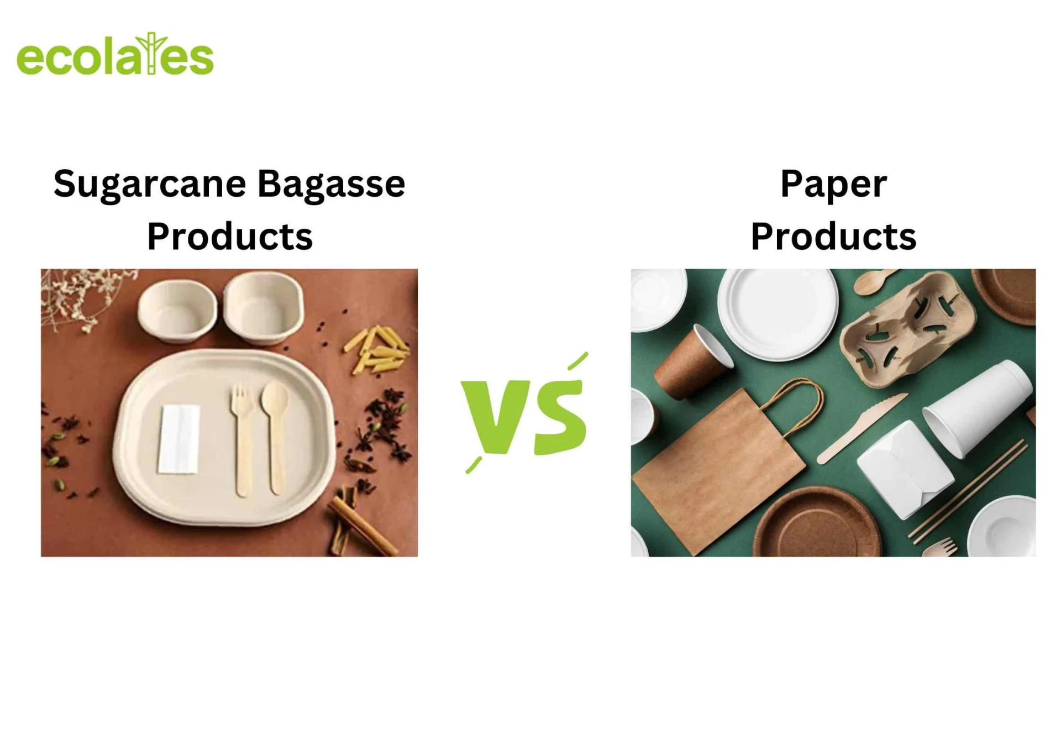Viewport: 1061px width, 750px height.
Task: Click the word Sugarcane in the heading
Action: point(150,184)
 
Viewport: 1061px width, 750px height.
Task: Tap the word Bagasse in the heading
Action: point(332,184)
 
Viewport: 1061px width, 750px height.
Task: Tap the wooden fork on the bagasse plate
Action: point(242,439)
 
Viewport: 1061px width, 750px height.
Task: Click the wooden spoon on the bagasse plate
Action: point(275,437)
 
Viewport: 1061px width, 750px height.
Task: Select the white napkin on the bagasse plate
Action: point(178,439)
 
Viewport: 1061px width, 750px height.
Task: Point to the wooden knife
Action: point(862,428)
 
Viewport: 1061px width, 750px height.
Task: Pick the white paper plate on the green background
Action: point(778,314)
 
